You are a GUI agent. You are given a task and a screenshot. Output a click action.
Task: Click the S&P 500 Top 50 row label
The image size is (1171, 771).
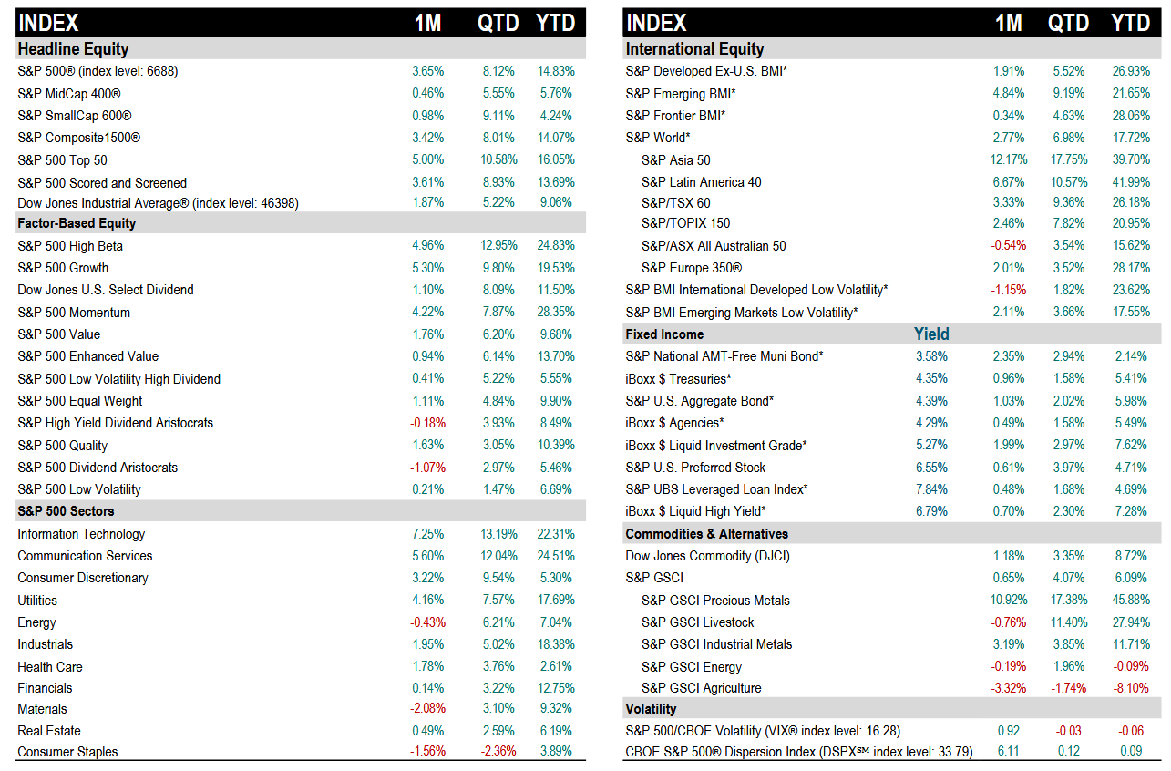(x=62, y=160)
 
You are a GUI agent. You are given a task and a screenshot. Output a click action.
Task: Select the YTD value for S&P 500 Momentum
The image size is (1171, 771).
(x=556, y=313)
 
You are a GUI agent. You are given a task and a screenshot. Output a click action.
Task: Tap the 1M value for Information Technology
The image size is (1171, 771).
(x=427, y=534)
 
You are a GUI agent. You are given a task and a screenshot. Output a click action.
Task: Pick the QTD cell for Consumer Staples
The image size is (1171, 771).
(x=498, y=752)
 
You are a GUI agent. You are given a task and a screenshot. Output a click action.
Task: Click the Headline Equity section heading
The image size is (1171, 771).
(x=73, y=49)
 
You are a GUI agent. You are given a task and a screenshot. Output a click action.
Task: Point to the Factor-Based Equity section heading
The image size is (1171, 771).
(x=77, y=223)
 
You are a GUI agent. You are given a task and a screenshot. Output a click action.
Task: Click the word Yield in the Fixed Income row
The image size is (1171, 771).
(x=931, y=334)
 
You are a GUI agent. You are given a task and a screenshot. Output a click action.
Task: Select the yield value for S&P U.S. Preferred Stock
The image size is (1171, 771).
(x=931, y=468)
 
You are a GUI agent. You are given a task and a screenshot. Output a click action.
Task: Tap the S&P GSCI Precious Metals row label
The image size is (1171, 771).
(x=715, y=601)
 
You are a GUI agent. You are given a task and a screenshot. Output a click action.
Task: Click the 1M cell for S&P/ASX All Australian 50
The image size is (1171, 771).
(x=1009, y=246)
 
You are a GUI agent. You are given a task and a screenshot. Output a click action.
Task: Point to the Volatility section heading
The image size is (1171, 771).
(x=651, y=709)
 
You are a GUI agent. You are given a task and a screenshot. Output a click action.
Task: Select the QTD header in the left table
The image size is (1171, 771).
(x=498, y=23)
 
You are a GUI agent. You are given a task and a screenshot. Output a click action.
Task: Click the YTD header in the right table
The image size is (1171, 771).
(x=1130, y=23)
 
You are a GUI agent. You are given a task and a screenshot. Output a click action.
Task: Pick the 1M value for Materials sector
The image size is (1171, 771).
(x=427, y=709)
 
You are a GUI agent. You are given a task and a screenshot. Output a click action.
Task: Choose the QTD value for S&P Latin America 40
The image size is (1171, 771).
(x=1068, y=182)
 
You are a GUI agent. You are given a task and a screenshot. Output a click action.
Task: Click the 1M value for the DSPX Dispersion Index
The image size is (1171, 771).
(x=1008, y=752)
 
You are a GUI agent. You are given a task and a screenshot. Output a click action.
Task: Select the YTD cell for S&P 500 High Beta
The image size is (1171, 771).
(x=556, y=246)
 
